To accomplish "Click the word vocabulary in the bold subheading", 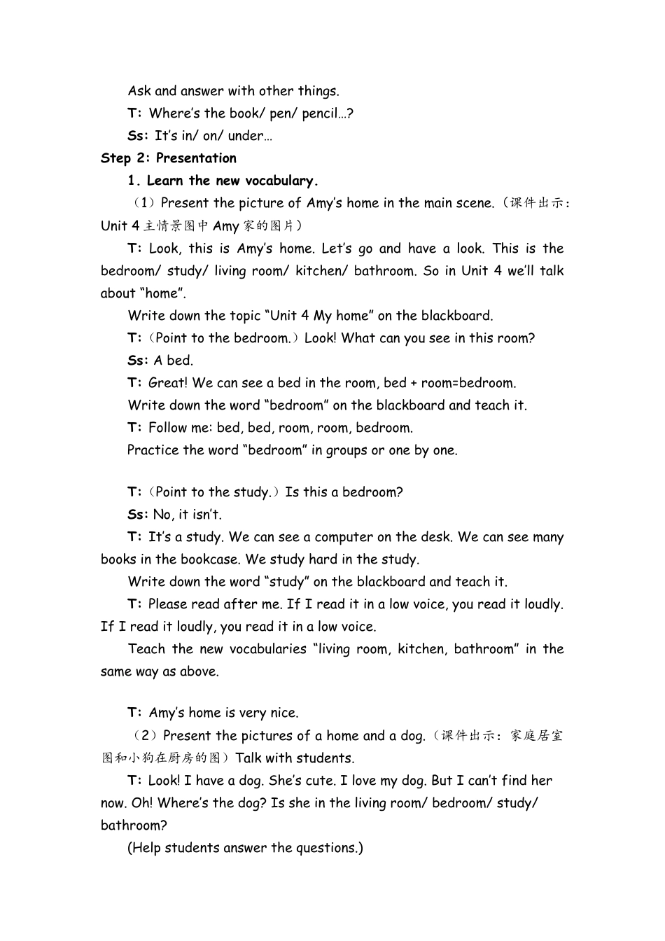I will point(281,181).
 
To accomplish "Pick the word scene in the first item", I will point(473,203).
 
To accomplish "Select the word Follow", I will point(168,428).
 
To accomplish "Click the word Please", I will point(169,604).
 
